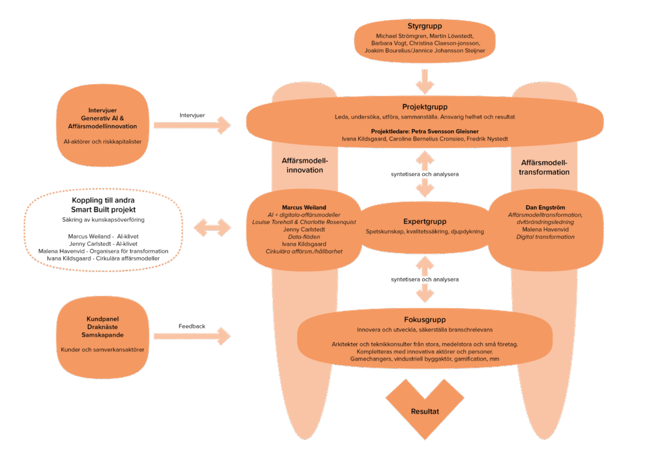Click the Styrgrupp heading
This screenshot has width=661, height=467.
(424, 26)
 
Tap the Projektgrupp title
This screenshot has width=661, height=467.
(424, 106)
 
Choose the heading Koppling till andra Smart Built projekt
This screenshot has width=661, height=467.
(103, 205)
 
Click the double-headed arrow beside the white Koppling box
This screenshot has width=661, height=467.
(212, 227)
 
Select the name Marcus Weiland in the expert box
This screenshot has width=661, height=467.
(303, 207)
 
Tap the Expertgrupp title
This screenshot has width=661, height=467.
(424, 221)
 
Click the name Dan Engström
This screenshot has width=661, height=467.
(545, 207)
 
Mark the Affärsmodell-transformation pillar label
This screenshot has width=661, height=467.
(545, 167)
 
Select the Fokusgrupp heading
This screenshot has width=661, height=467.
(424, 319)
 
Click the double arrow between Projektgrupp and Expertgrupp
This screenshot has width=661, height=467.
(424, 174)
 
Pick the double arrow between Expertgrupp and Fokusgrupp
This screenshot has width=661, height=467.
(424, 279)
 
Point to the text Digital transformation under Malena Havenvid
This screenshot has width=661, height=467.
(545, 237)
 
